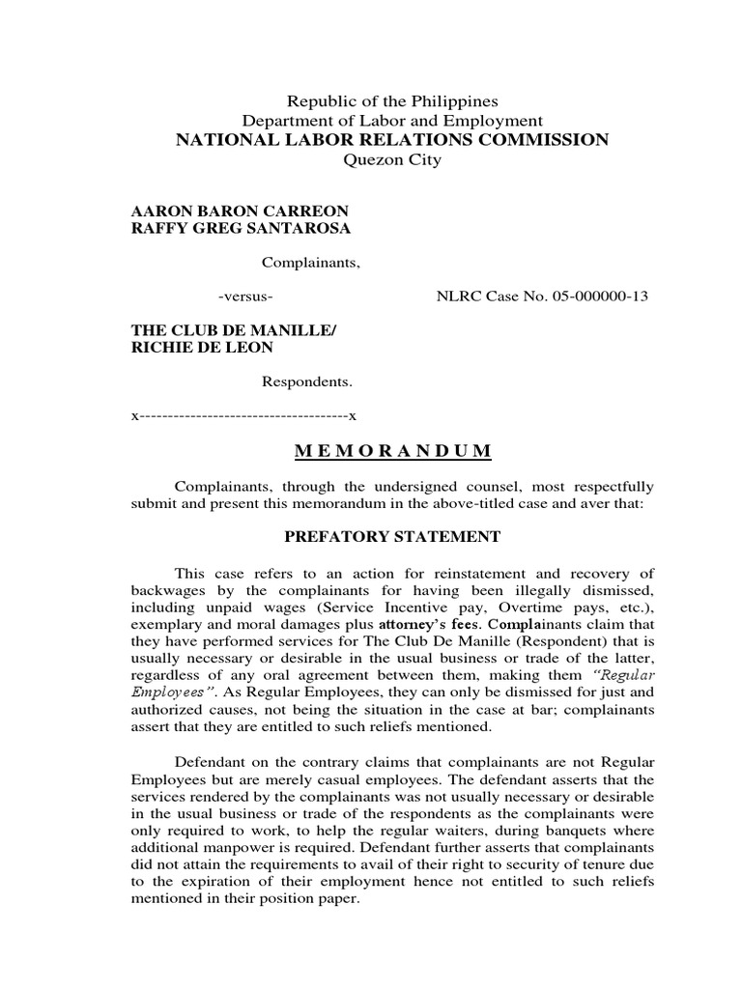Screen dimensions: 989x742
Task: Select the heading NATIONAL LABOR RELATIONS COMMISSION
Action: pos(391,140)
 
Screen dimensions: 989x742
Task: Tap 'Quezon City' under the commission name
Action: pos(392,160)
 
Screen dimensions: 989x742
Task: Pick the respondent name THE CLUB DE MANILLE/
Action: pos(234,330)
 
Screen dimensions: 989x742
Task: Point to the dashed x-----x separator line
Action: pos(243,415)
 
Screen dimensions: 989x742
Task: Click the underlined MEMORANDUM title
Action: pos(391,451)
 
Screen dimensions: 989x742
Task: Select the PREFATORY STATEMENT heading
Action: pos(391,536)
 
